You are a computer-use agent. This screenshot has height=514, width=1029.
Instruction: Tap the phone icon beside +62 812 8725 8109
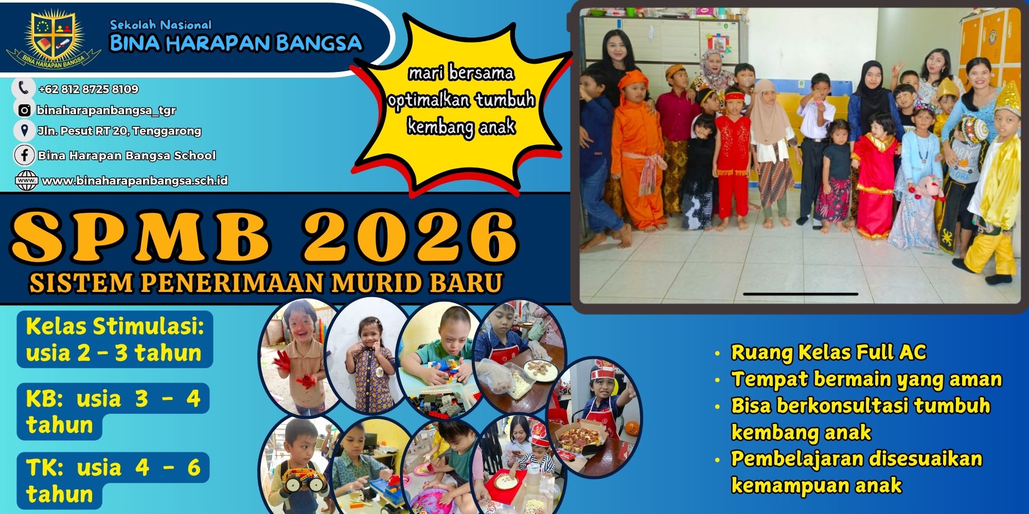(x=23, y=88)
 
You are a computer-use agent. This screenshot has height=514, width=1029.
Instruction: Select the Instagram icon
(x=24, y=110)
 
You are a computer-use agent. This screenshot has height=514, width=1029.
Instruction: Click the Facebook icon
(x=24, y=155)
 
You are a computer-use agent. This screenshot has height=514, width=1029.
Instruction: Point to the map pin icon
(x=24, y=131)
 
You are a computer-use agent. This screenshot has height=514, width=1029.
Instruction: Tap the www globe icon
(x=26, y=181)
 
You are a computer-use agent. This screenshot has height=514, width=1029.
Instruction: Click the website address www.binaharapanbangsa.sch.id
(x=135, y=181)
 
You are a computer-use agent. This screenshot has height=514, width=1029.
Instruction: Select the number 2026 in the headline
(x=409, y=236)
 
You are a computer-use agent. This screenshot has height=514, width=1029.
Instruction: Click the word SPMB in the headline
(x=141, y=236)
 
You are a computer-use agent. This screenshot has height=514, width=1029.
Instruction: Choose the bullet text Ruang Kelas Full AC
(x=828, y=353)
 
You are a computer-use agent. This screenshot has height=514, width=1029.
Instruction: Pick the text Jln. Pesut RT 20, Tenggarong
(x=119, y=131)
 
